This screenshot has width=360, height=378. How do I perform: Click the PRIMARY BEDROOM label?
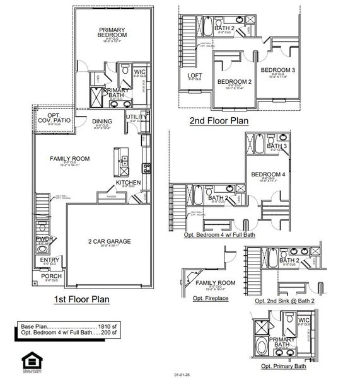pyautogui.click(x=112, y=33)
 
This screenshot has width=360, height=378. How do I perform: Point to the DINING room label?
pyautogui.click(x=102, y=121)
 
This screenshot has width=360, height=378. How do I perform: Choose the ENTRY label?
pyautogui.click(x=50, y=260)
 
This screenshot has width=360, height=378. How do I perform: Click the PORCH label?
pyautogui.click(x=52, y=276)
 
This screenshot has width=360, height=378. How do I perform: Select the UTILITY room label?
pyautogui.click(x=136, y=117)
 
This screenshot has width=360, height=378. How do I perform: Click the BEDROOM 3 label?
pyautogui.click(x=278, y=69)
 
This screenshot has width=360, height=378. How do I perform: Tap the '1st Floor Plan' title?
pyautogui.click(x=80, y=299)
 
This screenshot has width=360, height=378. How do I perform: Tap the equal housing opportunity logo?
pyautogui.click(x=30, y=362)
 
